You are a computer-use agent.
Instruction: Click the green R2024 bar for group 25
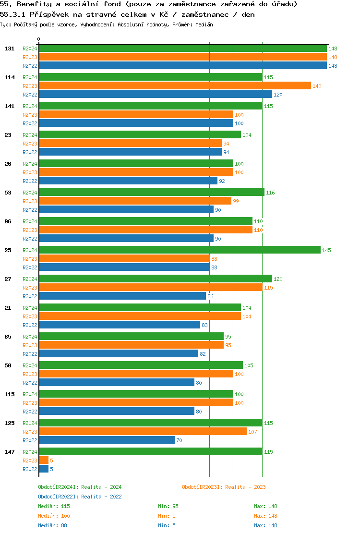click(x=180, y=250)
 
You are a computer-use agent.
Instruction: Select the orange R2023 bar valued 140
click(x=175, y=85)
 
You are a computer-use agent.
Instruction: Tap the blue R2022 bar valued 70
click(x=107, y=440)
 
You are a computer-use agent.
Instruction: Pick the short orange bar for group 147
click(x=44, y=460)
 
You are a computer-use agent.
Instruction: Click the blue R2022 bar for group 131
click(x=182, y=65)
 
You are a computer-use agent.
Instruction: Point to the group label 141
click(x=10, y=106)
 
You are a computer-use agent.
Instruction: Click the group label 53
click(x=8, y=193)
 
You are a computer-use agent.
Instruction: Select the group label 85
click(x=8, y=337)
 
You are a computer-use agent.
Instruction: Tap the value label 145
click(x=326, y=250)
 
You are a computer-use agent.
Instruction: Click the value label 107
click(x=253, y=432)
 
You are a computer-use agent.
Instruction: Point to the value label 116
click(x=270, y=193)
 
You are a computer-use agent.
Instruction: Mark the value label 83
click(x=204, y=325)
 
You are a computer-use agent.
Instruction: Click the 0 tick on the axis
click(x=39, y=39)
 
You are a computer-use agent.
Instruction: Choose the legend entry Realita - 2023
click(x=224, y=487)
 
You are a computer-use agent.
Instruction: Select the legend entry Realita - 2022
click(x=80, y=497)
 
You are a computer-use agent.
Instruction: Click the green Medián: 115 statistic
click(x=54, y=506)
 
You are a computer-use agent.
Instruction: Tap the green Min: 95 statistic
click(x=168, y=506)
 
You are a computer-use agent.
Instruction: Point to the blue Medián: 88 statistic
click(x=52, y=525)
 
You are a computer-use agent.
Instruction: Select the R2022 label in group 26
click(x=30, y=181)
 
